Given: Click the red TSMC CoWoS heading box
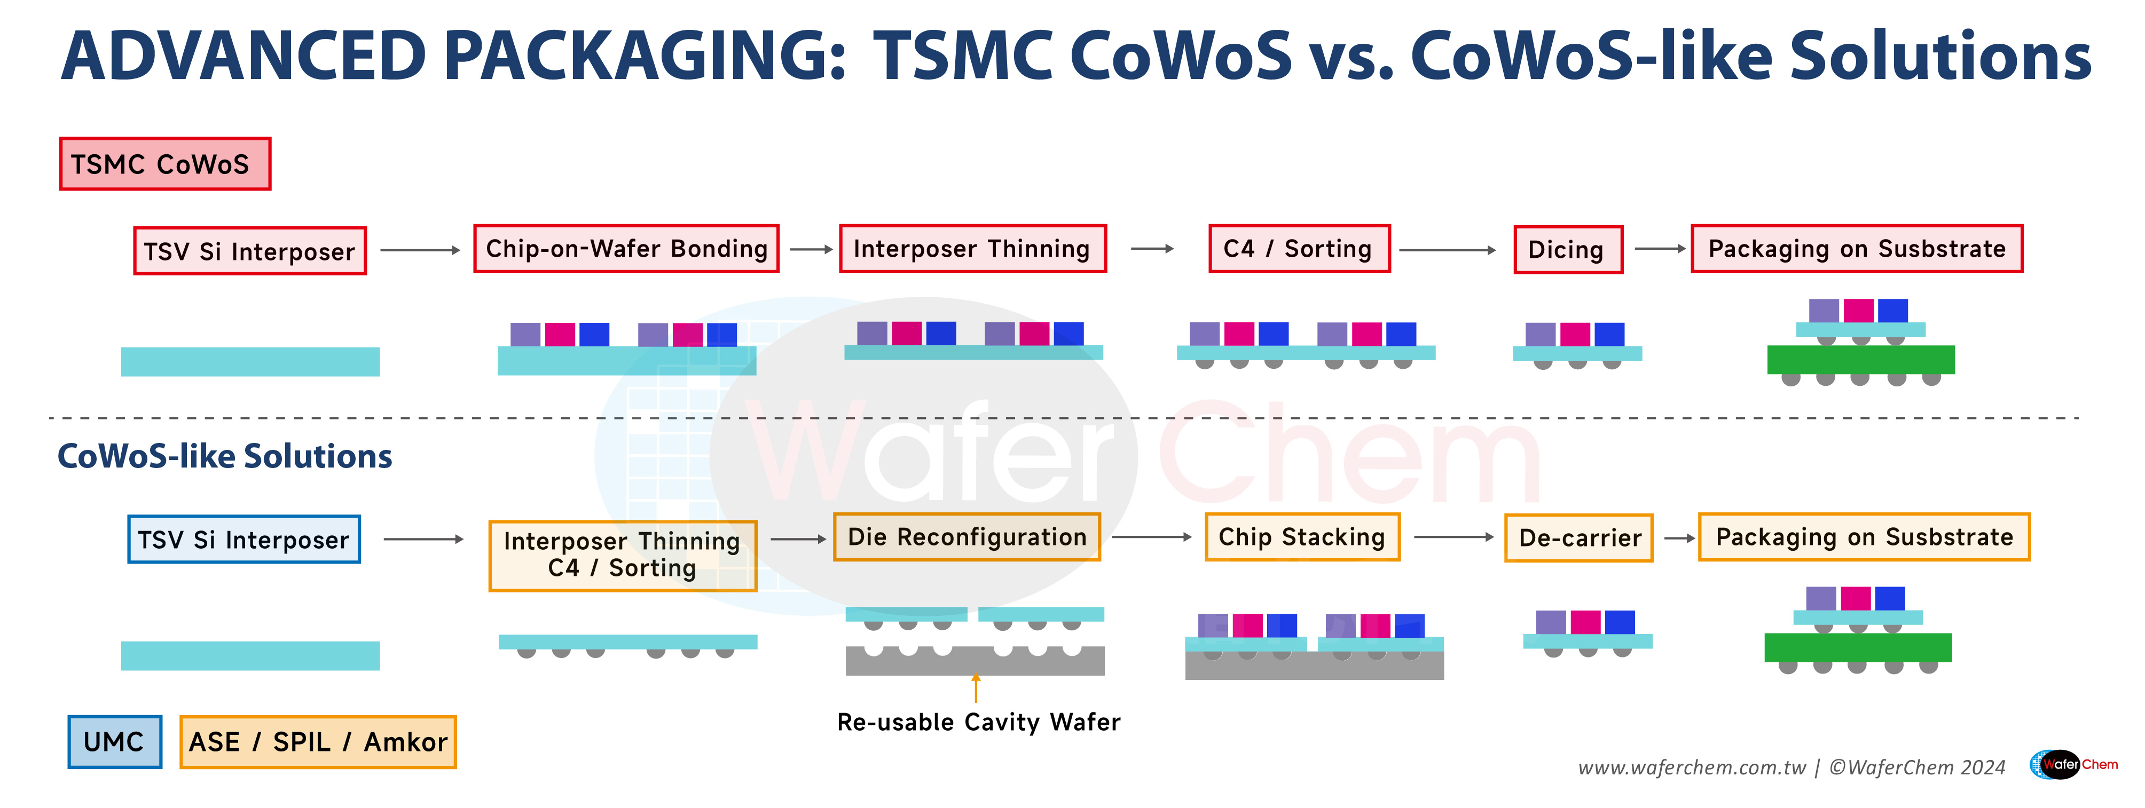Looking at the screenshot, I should coord(165,164).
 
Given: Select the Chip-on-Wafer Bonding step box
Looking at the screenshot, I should coord(626,249).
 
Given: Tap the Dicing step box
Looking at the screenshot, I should coord(1567,250).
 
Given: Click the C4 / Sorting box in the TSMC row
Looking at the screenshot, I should coord(1299,249).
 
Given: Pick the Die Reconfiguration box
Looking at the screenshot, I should coord(967,537).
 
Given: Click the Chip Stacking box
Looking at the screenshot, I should coord(1302,537).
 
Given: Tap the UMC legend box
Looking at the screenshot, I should coord(115,741).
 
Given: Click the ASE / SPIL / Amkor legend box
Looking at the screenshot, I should coord(318,741).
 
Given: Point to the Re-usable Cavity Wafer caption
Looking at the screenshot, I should coord(978,722).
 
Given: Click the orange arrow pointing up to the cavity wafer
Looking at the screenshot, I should coord(976,689).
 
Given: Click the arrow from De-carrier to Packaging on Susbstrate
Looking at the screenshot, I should coord(1679,538).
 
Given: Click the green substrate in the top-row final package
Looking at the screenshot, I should coord(1860,360).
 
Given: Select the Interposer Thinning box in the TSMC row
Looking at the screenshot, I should coord(972,249).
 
